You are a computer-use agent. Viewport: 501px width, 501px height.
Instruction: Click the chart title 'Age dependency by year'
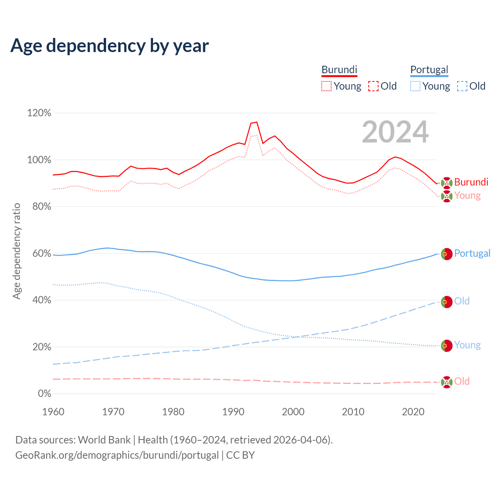[x=110, y=46]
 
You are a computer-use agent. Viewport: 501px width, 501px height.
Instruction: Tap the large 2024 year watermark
[x=395, y=132]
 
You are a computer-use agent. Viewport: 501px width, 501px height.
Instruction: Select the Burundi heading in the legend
[x=339, y=70]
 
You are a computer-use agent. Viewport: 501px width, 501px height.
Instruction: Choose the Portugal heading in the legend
[x=429, y=70]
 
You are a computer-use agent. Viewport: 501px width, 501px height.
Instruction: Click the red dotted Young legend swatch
[x=326, y=86]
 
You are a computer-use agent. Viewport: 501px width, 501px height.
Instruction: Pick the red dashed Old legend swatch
[x=373, y=86]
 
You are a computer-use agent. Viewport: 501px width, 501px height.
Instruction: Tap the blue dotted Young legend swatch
[x=415, y=86]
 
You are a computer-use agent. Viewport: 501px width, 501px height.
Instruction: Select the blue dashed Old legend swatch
[x=462, y=86]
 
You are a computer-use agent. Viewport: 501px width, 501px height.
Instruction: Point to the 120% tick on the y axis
[x=39, y=113]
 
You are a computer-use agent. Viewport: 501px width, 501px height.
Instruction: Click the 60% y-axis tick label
[x=41, y=254]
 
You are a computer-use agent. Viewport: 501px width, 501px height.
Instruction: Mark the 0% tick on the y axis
[x=44, y=394]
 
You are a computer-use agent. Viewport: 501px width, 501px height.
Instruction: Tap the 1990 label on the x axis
[x=233, y=412]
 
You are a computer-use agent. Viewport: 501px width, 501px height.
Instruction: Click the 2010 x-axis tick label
[x=353, y=412]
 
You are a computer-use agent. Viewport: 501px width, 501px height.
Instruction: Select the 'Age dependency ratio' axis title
[x=16, y=251]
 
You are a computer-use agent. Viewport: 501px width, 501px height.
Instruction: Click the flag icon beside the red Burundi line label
[x=447, y=183]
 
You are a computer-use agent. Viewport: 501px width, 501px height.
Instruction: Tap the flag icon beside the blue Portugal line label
[x=447, y=254]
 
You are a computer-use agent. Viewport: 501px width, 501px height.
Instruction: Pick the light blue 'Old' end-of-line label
[x=462, y=301]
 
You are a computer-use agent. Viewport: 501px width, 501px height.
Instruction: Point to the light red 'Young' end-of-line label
[x=467, y=195]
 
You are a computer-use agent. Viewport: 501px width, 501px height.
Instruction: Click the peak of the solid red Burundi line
[x=257, y=122]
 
